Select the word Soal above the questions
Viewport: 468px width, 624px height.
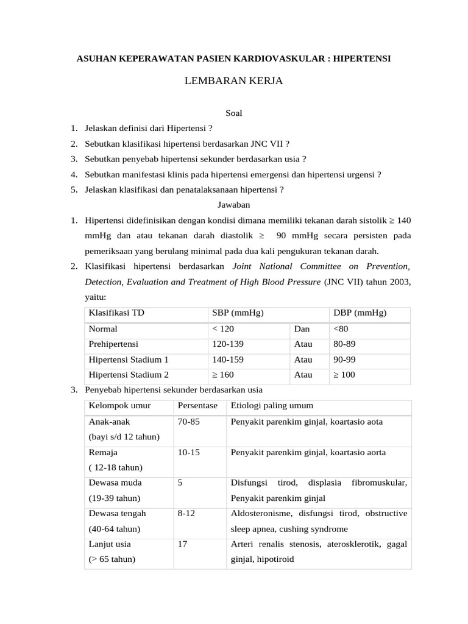[234, 112]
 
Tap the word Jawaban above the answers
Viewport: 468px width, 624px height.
[234, 204]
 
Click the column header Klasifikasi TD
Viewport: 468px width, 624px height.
[116, 313]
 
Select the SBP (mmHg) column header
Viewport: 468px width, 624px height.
[237, 313]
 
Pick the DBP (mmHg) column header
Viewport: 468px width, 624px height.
[360, 313]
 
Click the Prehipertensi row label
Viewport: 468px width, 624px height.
[114, 344]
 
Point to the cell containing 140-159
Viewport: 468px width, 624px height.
[228, 360]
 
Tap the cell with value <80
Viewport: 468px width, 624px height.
[341, 328]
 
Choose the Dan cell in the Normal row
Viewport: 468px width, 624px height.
[302, 328]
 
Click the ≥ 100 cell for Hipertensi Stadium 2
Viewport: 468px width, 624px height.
[344, 375]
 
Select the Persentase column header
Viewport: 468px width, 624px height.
[197, 406]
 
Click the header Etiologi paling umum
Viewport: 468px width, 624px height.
[272, 406]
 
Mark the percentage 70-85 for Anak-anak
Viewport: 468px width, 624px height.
[188, 422]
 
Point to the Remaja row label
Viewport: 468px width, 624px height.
[104, 453]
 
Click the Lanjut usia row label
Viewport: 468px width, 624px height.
[110, 544]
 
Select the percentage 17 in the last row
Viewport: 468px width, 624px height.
[182, 544]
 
